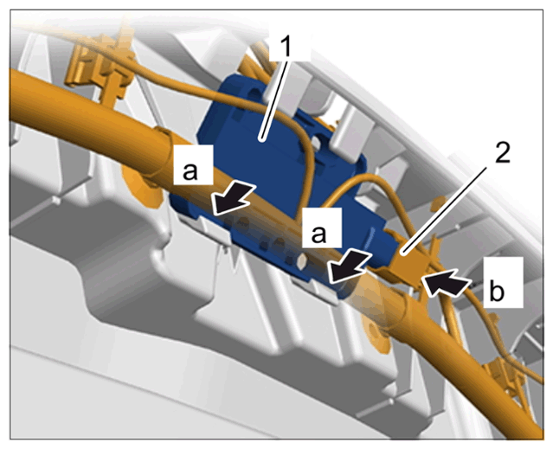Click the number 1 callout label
coord(286,47)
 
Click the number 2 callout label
coord(502,153)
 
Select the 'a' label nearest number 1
coord(190,171)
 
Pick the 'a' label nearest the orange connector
coord(318,234)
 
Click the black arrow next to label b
coord(447,281)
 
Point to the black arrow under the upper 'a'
coord(235,198)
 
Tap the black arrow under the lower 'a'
coord(349,267)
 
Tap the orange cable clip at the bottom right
coord(505,375)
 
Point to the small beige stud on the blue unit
coord(302,261)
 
